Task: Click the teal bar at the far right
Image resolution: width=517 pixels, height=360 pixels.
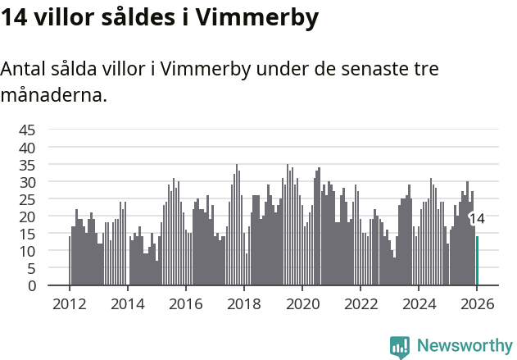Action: [x=477, y=261]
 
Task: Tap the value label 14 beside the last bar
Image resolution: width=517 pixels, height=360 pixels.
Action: [x=477, y=219]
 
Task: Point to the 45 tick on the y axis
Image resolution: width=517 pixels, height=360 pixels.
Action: [x=27, y=130]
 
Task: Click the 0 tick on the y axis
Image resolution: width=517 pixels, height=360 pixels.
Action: [x=32, y=285]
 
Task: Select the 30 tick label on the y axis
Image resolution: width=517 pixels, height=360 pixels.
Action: [x=27, y=181]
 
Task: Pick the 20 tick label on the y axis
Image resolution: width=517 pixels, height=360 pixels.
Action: [x=27, y=216]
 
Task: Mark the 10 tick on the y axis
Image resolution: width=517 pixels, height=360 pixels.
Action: [x=27, y=251]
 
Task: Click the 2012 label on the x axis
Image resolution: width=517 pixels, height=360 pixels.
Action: [x=69, y=303]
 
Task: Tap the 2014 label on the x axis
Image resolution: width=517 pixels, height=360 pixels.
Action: [x=127, y=303]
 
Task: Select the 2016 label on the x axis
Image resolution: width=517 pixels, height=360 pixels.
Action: [x=185, y=303]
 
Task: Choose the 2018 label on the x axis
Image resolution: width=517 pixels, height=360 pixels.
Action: [x=243, y=303]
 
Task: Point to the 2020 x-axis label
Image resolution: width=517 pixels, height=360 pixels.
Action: [x=302, y=303]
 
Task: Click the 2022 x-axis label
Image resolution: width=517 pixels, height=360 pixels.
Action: [x=360, y=303]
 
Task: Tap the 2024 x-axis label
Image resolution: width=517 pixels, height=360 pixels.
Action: [x=418, y=303]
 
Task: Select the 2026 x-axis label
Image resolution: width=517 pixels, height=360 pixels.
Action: [x=476, y=303]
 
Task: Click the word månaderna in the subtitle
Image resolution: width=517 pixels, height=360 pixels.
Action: [x=53, y=95]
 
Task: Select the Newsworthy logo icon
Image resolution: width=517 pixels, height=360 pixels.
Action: [x=400, y=347]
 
